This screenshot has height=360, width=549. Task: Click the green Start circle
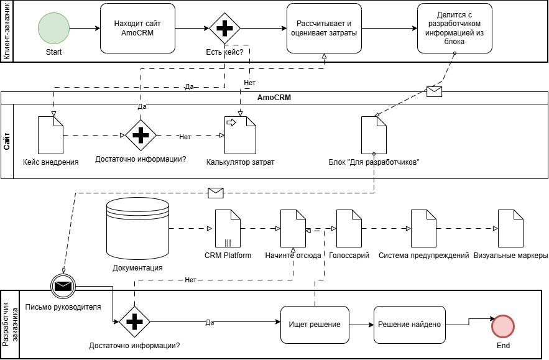tap(53, 29)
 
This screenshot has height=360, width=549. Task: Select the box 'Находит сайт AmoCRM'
tap(137, 29)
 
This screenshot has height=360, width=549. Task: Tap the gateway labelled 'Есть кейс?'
tap(224, 29)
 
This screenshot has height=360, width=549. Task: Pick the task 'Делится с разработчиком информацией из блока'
tap(454, 29)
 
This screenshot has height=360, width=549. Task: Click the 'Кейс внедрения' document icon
tap(50, 135)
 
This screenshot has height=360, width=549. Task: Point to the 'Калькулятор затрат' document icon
tap(240, 135)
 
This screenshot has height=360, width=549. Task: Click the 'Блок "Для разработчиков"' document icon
tap(374, 135)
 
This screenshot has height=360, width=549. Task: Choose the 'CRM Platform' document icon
tap(228, 228)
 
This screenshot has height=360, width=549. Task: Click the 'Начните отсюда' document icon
tap(293, 228)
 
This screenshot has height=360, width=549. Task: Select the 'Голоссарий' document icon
tap(349, 228)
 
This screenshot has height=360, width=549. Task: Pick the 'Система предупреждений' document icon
tap(423, 228)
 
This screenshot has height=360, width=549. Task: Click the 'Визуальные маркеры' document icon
tap(510, 228)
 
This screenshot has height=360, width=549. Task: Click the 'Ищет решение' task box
tap(315, 324)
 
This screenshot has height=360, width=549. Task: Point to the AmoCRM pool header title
tap(274, 98)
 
